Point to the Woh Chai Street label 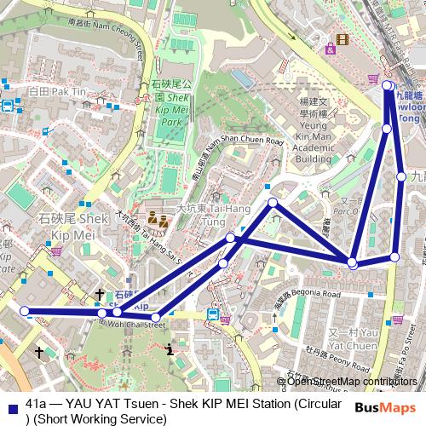click(x=135, y=324)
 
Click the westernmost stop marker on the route click(x=25, y=311)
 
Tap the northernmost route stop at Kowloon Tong click(x=387, y=85)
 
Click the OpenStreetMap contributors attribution click(x=352, y=382)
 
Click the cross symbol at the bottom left click(x=38, y=350)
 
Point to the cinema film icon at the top click(x=343, y=39)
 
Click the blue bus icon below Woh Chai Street click(x=214, y=314)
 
